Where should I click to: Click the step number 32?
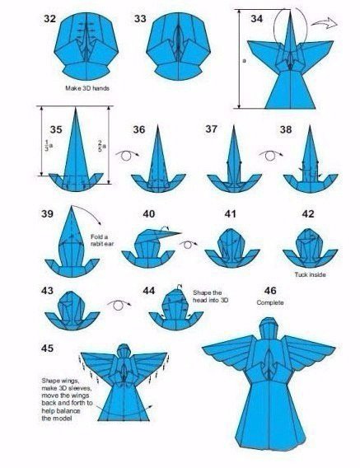50,19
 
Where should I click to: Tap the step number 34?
257,19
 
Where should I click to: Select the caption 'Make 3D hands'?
87,88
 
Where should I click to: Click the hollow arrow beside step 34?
325,23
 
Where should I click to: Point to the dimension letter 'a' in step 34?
244,61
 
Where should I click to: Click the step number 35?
56,130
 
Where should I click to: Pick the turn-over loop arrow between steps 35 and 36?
127,155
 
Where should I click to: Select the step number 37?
212,129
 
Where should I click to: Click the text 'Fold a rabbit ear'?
102,241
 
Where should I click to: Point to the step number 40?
149,214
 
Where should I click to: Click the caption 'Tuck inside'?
310,274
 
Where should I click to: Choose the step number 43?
47,290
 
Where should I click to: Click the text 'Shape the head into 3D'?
210,297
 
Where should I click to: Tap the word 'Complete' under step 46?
270,302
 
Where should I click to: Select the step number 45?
47,348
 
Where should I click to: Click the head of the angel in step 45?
124,350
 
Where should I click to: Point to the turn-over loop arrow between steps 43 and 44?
119,305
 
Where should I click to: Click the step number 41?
230,214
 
